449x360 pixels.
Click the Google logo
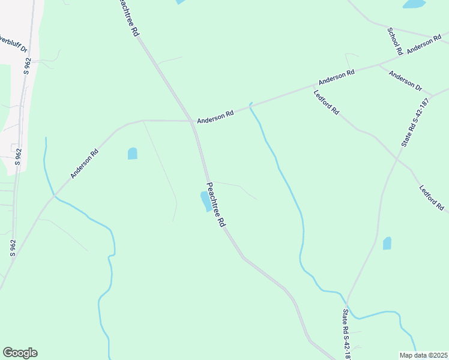20,353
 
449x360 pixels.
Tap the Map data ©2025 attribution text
423,355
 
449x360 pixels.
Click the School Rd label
394,41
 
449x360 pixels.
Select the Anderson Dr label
405,82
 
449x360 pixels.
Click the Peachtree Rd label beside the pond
215,205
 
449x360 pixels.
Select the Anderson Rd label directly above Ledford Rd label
337,77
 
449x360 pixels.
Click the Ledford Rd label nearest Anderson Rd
327,103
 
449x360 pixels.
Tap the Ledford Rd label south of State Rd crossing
432,198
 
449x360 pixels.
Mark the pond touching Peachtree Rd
205,202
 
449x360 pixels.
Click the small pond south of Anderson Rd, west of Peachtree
133,154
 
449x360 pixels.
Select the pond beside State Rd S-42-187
387,243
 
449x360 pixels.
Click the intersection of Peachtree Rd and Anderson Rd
193,122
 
